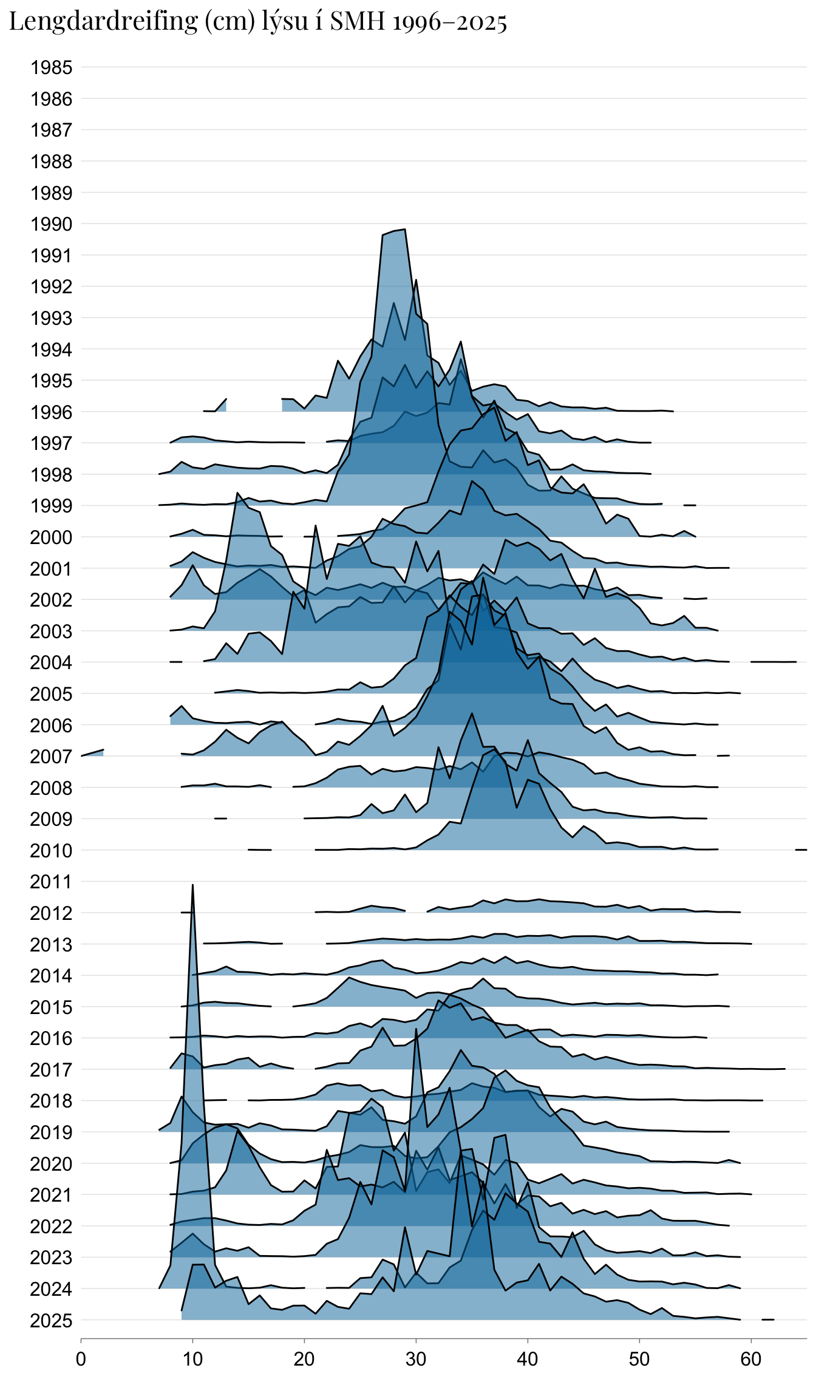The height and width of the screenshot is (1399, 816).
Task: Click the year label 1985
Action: pos(52,67)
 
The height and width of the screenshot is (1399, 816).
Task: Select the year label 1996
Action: pos(52,412)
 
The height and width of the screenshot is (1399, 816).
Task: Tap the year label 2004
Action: pos(52,662)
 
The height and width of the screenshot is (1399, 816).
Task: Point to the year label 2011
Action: pos(52,882)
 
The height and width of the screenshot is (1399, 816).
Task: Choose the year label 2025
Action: pos(52,1321)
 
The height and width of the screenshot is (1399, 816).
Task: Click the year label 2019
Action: pos(52,1132)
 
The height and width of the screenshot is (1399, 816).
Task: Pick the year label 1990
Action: pos(52,224)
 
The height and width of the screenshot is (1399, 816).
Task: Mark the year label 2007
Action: pos(52,757)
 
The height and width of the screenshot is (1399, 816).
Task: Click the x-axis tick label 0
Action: pos(81,1359)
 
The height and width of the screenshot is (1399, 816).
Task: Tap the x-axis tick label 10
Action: pos(192,1359)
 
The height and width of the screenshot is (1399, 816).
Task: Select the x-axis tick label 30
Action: pos(416,1359)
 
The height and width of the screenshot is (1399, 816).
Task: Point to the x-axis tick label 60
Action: pos(751,1359)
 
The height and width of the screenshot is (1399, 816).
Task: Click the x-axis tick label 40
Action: pos(528,1359)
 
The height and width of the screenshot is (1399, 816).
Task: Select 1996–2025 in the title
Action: pos(450,22)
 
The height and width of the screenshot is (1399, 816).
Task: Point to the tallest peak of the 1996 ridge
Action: pos(404,230)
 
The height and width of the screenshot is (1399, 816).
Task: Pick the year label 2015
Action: pos(52,1007)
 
